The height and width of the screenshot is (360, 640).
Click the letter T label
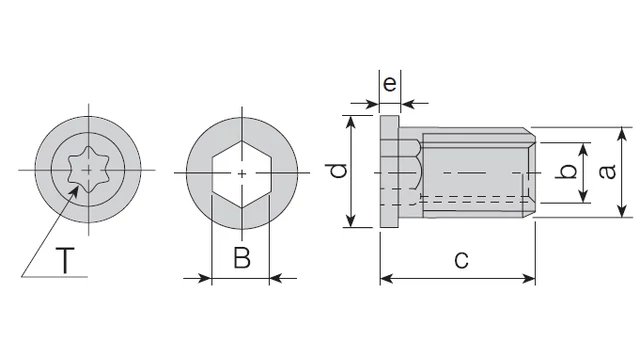coord(65,260)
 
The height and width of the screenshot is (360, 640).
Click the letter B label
coord(242,258)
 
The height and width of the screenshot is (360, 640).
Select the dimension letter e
coord(390,84)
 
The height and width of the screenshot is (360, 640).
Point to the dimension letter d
coord(338,171)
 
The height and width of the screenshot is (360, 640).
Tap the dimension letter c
coord(461,260)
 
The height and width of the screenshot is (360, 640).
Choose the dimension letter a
coord(608,171)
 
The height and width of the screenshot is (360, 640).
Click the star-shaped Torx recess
coord(89,170)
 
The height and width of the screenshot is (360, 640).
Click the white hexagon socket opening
coord(242,174)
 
